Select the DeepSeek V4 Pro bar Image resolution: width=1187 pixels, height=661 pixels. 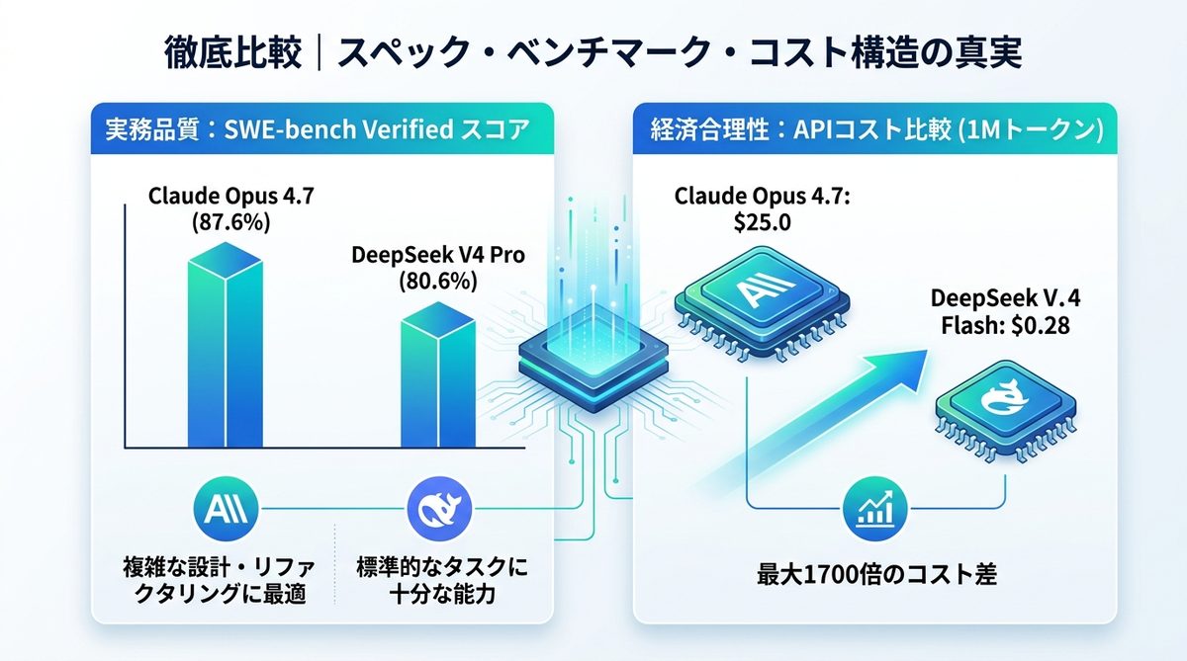point(437,375)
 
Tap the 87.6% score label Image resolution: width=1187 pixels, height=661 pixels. point(231,222)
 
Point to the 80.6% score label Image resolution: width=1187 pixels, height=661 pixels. point(437,281)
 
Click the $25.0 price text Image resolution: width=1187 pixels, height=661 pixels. point(762,222)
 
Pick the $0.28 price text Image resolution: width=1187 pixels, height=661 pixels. point(1041,325)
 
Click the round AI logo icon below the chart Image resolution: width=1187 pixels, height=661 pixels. point(227,509)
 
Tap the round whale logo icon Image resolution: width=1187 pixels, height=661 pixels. point(439,509)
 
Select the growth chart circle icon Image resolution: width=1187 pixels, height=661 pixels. point(874,509)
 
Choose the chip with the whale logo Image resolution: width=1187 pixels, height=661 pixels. point(1005,410)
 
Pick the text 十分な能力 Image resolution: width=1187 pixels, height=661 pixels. point(442,596)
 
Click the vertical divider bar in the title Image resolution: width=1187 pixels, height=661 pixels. point(319,52)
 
